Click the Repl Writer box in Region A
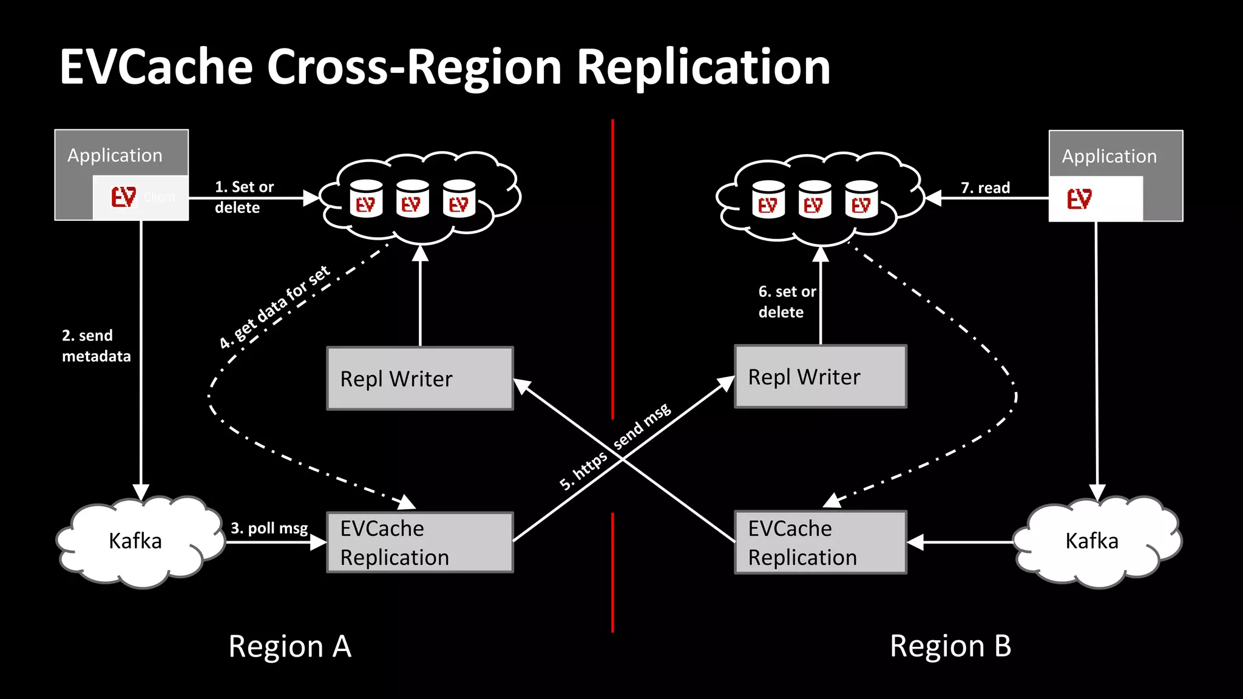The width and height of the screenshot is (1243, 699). pyautogui.click(x=420, y=379)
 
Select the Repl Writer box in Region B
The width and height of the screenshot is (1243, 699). pyautogui.click(x=821, y=377)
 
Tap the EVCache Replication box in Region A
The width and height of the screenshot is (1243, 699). pyautogui.click(x=420, y=542)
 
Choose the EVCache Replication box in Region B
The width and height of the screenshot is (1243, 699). pyautogui.click(x=821, y=542)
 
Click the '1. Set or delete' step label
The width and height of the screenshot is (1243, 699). pyautogui.click(x=244, y=197)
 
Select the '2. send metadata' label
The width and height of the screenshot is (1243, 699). pyautogui.click(x=96, y=346)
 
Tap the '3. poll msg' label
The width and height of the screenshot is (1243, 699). pyautogui.click(x=269, y=528)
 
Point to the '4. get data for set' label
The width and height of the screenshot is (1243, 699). pyautogui.click(x=274, y=307)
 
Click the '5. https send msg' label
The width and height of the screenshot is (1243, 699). pyautogui.click(x=615, y=447)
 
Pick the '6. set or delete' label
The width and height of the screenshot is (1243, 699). pyautogui.click(x=786, y=302)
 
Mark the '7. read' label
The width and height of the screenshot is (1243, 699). pyautogui.click(x=985, y=188)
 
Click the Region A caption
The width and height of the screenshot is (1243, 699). pyautogui.click(x=290, y=646)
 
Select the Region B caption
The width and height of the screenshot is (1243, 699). pyautogui.click(x=950, y=646)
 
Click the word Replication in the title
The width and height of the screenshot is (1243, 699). pyautogui.click(x=703, y=67)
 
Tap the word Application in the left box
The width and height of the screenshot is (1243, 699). pyautogui.click(x=115, y=155)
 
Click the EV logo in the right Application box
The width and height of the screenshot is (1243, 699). pyautogui.click(x=1079, y=199)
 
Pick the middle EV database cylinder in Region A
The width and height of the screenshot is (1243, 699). pyautogui.click(x=412, y=199)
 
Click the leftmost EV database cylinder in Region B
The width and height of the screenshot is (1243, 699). pyautogui.click(x=768, y=200)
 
